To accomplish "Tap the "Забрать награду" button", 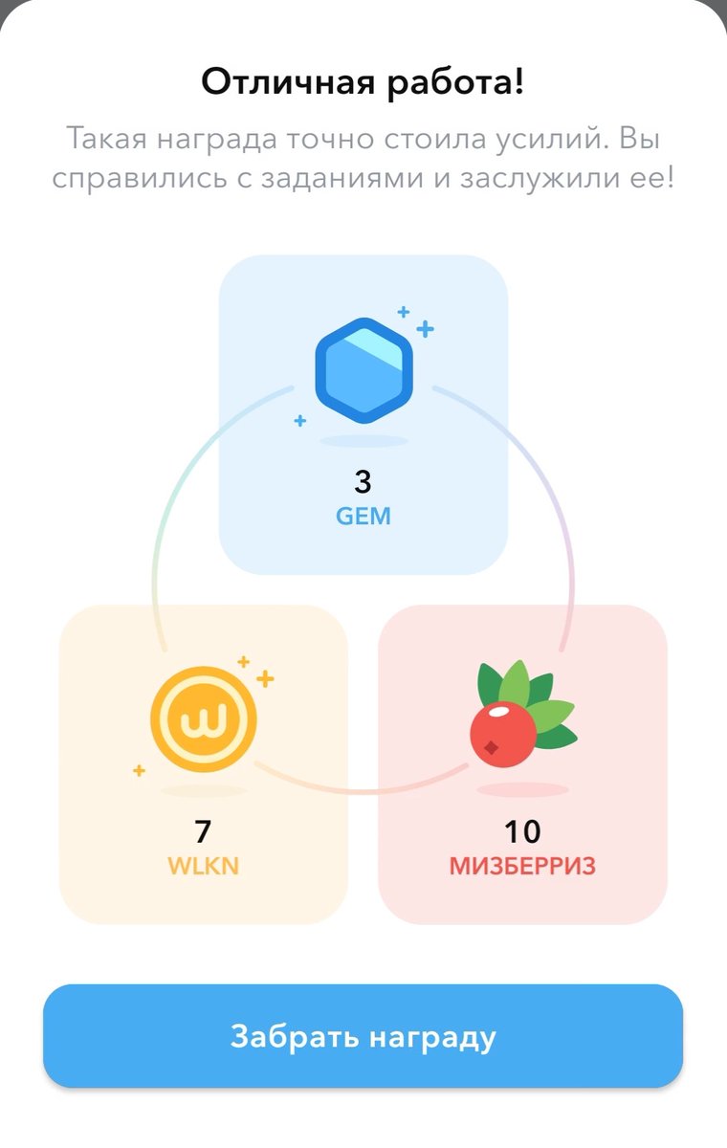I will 363,1037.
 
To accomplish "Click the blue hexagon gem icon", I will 363,369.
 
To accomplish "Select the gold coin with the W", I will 203,718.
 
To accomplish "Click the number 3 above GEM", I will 363,480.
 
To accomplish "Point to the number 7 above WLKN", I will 203,831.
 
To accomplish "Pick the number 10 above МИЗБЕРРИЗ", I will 522,831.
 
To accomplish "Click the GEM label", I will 363,517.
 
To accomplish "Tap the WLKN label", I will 203,867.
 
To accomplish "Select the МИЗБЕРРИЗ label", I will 522,867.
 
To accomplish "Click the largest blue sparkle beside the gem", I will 425,329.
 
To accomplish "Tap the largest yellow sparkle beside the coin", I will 265,678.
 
